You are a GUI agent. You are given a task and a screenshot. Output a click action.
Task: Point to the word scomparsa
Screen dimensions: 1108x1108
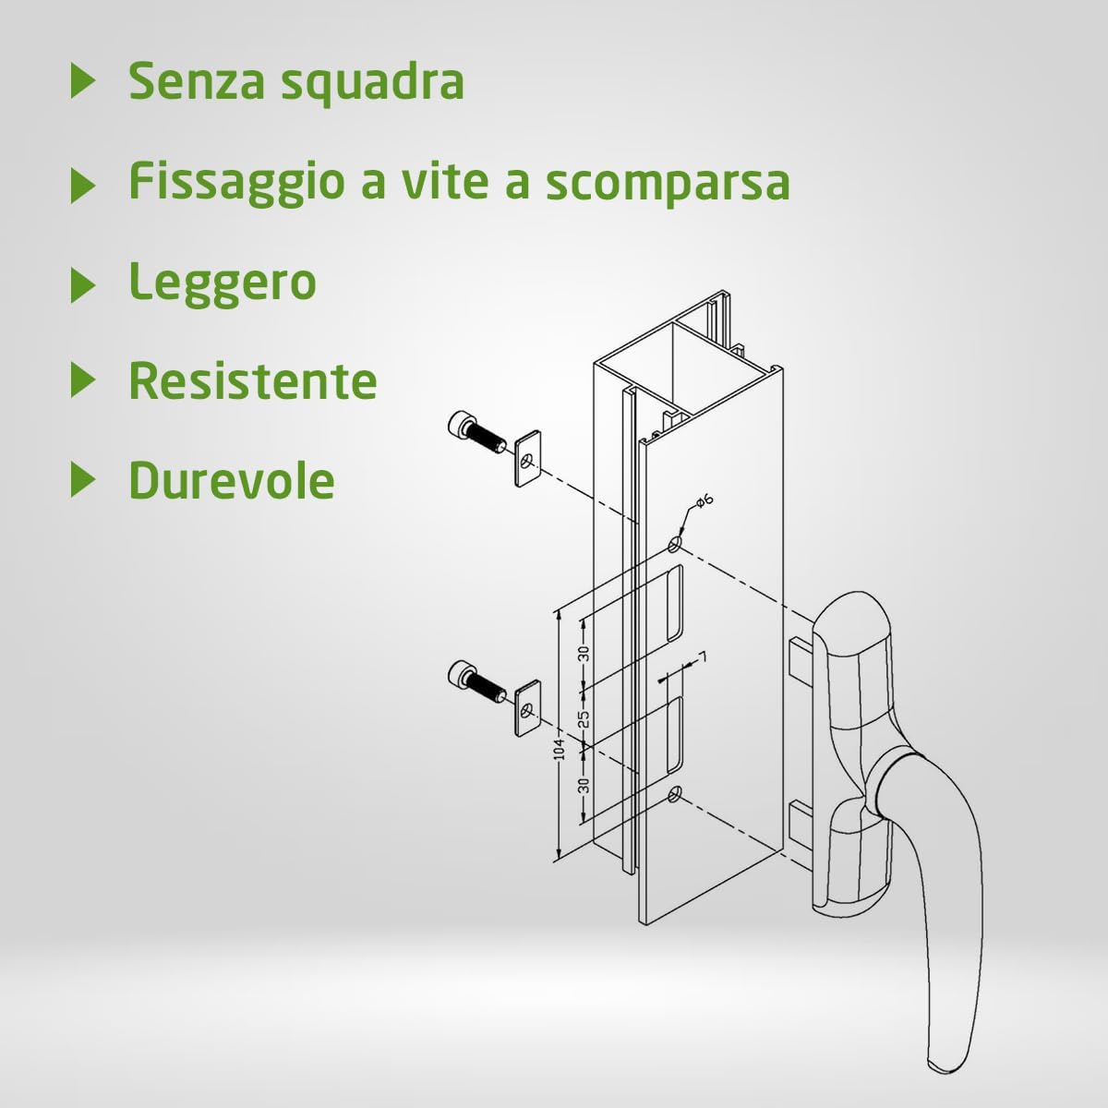[x=668, y=183]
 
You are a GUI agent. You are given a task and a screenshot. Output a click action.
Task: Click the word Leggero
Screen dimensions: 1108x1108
[x=223, y=283]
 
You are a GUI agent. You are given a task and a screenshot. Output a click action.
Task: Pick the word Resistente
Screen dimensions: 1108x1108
[x=253, y=380]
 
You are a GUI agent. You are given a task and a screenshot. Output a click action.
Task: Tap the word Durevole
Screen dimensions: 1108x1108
[x=231, y=480]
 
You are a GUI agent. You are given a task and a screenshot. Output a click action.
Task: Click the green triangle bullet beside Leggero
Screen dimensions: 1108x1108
[x=83, y=283]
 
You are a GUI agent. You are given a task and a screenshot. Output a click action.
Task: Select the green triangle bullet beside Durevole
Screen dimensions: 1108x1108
[x=83, y=480]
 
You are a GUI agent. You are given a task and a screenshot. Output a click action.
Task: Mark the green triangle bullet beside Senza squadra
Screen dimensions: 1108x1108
[x=83, y=81]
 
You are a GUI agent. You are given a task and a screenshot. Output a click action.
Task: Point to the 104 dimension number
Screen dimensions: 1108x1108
[x=559, y=751]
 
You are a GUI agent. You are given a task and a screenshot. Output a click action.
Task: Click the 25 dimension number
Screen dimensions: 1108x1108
[x=584, y=717]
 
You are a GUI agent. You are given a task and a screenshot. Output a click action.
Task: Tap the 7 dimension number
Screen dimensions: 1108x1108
[x=703, y=657]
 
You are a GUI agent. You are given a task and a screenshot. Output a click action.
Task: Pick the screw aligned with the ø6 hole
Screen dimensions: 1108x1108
[x=475, y=431]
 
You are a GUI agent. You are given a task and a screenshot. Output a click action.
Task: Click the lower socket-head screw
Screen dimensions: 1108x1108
[x=475, y=680]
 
